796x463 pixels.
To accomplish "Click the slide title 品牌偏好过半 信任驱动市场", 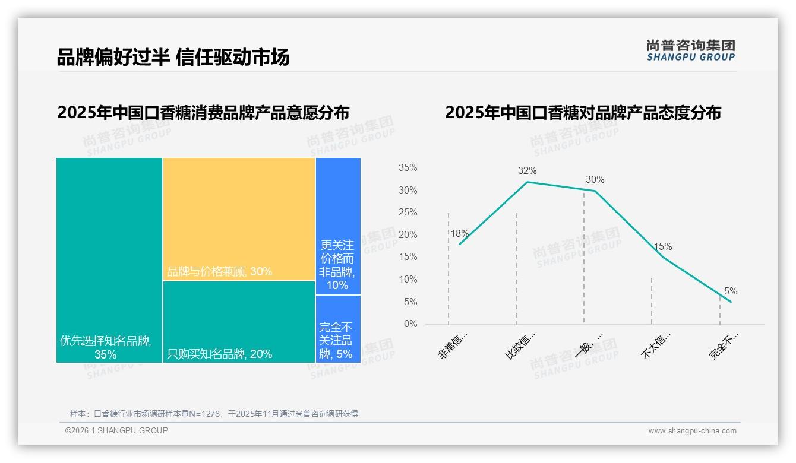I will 173,58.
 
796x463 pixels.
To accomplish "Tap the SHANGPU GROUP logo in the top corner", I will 690,50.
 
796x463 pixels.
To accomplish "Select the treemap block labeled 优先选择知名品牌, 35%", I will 109,259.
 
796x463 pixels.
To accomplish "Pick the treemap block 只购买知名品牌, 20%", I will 239,321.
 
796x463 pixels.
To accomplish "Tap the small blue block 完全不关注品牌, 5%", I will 338,329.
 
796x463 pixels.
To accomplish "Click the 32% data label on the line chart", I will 527,171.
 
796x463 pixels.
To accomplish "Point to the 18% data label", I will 459,234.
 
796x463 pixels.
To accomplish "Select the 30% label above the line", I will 595,180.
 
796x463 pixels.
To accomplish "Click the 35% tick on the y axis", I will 408,168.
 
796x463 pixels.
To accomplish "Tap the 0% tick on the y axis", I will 410,324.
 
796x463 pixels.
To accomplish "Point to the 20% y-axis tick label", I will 408,235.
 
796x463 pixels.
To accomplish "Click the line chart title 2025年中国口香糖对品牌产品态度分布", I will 583,113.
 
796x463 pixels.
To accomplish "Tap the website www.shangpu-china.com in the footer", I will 692,431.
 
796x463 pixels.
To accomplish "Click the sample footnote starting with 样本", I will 214,414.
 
